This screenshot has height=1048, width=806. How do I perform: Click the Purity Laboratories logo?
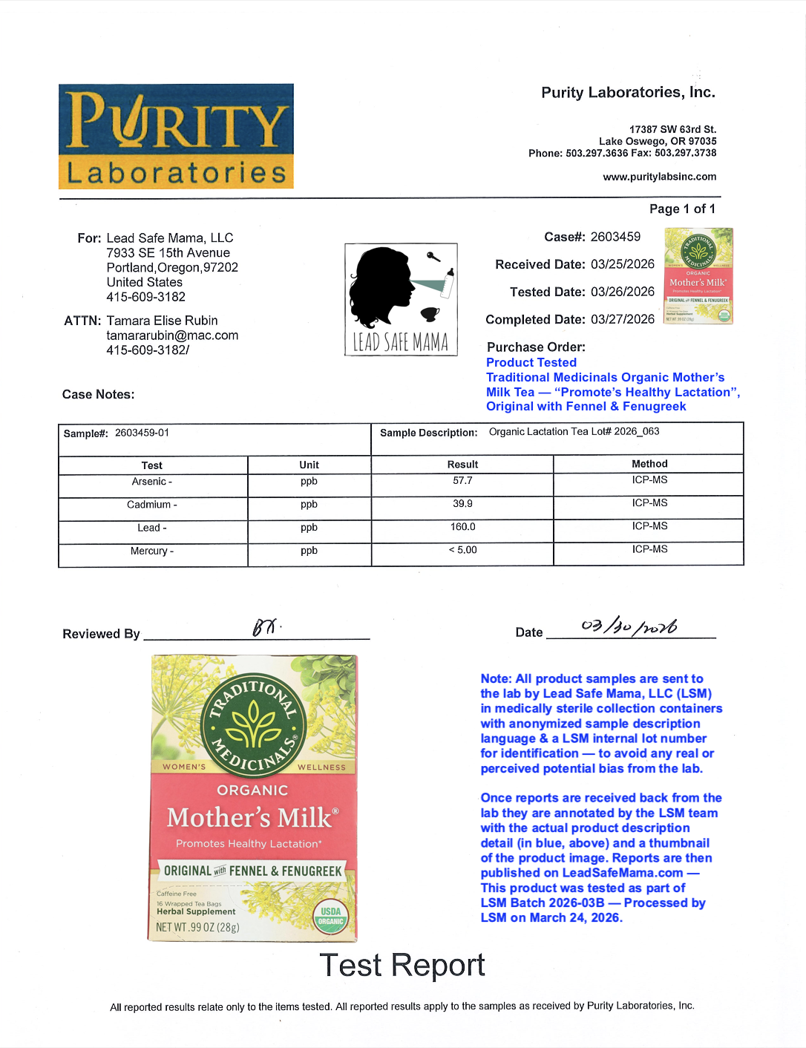coord(176,136)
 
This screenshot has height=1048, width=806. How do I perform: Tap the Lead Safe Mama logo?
coord(401,299)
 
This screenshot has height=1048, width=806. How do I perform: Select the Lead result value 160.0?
coord(462,527)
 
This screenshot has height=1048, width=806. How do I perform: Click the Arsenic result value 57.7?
coord(462,481)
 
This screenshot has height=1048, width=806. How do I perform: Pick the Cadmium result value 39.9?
coord(462,504)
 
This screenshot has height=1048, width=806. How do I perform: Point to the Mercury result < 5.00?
coord(462,550)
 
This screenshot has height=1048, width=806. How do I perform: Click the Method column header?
coord(649,464)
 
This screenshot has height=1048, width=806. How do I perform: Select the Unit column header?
coord(309,465)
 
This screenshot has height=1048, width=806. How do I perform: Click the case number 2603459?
coord(615,237)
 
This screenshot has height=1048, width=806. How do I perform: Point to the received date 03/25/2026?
coord(622,264)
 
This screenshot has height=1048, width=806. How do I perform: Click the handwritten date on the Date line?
coord(629,627)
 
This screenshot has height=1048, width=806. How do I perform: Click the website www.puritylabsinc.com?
coord(659,177)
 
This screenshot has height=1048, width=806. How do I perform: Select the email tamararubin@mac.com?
coord(172,335)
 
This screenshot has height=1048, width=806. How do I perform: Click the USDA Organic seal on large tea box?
coord(330,916)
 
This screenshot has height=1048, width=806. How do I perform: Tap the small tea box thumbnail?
coord(698,276)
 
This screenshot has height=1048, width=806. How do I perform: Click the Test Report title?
coord(402,965)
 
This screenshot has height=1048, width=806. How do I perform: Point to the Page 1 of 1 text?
coord(682,209)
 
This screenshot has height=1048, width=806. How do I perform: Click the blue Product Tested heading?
coord(531,362)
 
